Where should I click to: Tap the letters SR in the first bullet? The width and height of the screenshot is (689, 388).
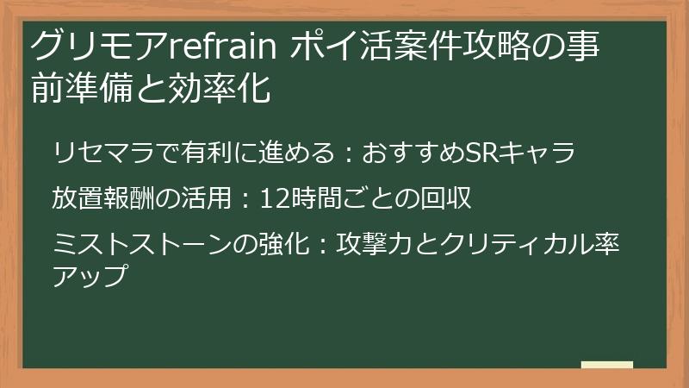480,153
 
